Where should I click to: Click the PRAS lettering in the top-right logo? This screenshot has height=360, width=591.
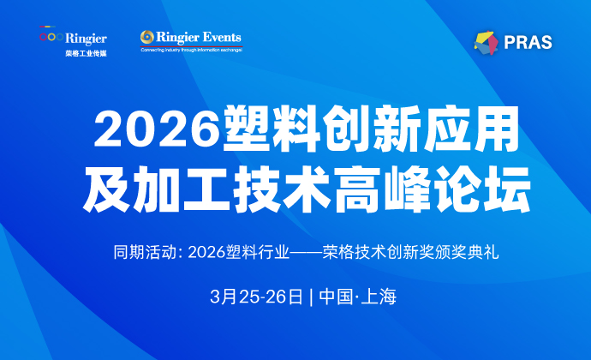point(528,41)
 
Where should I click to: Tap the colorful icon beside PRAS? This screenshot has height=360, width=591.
point(486,40)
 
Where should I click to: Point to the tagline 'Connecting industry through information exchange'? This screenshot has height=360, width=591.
point(191,50)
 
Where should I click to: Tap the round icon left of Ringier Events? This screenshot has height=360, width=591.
point(146,38)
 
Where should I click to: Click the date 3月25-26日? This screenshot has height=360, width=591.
point(255,297)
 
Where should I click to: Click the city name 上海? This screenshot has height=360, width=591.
point(378,297)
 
